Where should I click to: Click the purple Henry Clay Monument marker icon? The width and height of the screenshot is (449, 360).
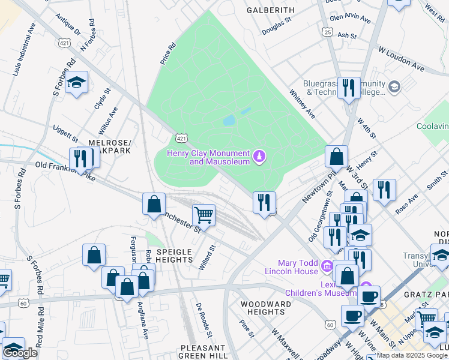click(259, 157)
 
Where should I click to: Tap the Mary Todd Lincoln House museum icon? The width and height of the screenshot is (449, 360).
click(327, 265)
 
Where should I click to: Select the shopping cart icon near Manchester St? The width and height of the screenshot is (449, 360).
click(204, 214)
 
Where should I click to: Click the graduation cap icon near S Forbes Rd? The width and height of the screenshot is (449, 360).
click(76, 82)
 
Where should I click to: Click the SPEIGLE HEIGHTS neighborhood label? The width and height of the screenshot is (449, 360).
click(174, 256)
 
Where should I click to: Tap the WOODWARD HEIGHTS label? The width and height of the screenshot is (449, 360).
click(266, 308)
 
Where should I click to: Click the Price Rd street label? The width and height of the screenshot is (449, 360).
click(167, 53)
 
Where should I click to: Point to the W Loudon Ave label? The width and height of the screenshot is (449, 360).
click(400, 59)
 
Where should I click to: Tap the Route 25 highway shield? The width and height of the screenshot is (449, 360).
click(327, 31)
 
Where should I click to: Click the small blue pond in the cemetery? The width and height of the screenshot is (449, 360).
click(229, 121)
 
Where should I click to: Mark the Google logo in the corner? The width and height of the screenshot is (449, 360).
click(20, 353)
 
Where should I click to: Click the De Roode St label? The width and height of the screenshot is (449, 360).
click(204, 316)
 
